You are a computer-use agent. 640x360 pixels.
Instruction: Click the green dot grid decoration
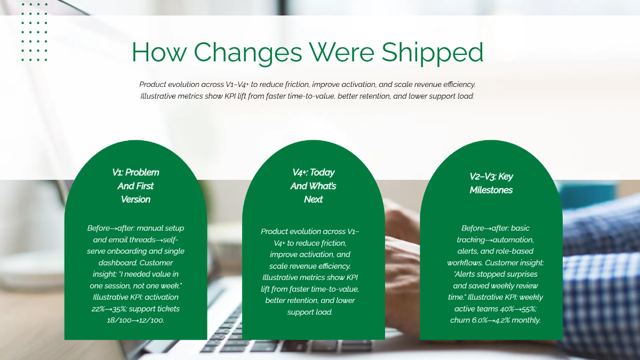point(35,32)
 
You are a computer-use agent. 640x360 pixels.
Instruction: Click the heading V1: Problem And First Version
point(135,186)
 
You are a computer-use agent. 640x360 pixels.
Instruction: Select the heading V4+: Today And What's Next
point(313,186)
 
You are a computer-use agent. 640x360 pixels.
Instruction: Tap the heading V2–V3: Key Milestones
point(491,183)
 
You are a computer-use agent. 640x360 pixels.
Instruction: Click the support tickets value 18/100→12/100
point(135,320)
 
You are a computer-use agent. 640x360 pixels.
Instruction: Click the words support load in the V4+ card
point(310,311)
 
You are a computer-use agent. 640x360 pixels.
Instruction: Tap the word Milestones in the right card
point(491,190)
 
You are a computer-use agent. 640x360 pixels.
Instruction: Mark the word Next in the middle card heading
point(313,199)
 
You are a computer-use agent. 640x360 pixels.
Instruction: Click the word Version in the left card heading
point(135,199)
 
